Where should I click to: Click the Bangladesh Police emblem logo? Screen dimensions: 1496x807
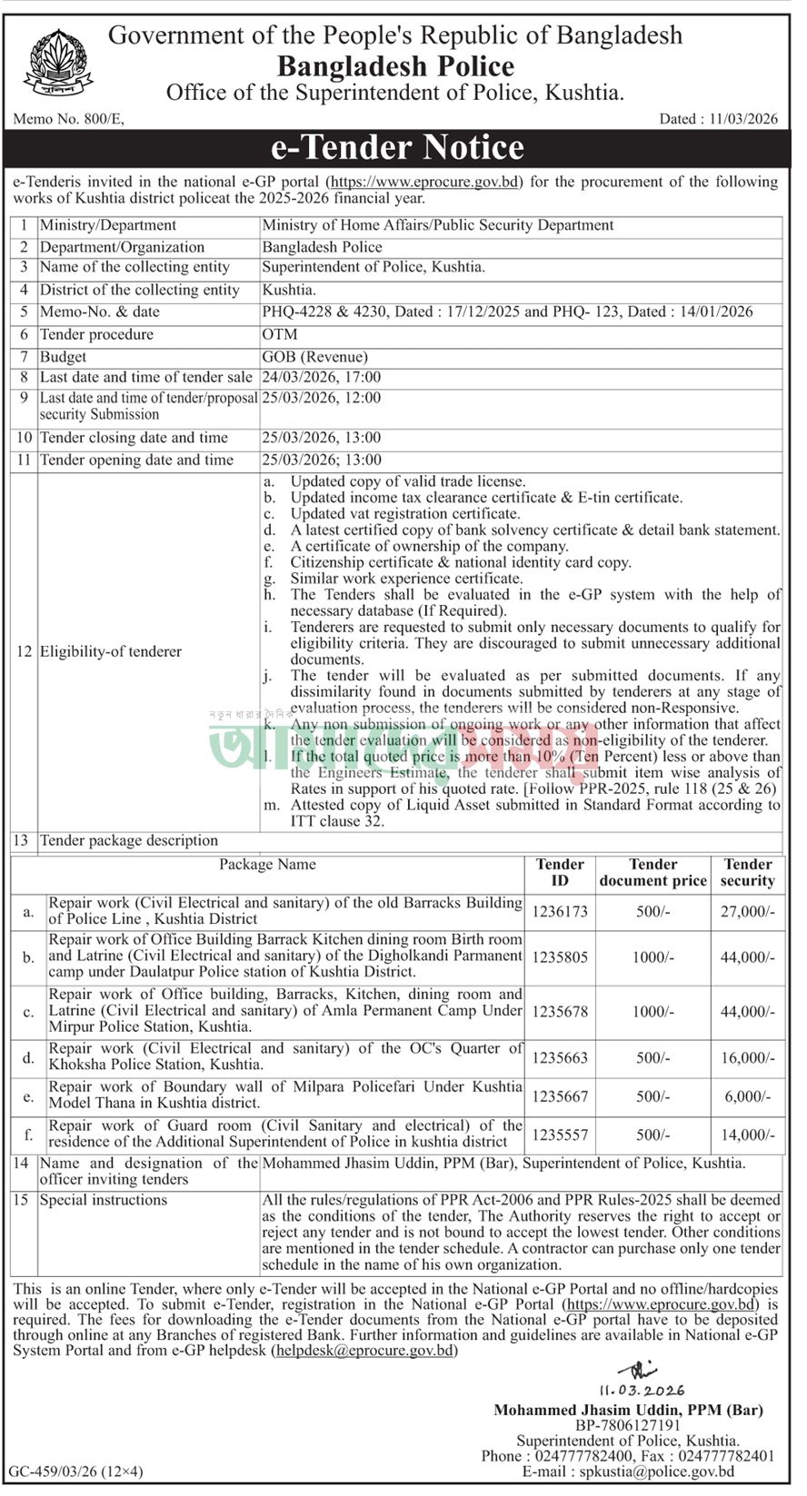pos(52,62)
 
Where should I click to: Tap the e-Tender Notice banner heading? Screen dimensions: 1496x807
pos(398,147)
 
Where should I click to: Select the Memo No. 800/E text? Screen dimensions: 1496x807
pos(69,118)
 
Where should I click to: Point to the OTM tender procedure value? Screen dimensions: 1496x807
pos(279,334)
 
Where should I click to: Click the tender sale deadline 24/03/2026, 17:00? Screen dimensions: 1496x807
pos(322,377)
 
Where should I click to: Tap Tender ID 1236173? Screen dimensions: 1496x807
pos(560,911)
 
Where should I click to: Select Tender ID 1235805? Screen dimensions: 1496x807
pos(560,956)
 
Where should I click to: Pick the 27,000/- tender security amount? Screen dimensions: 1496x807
pos(748,911)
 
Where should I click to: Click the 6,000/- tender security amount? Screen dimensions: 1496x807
pos(748,1096)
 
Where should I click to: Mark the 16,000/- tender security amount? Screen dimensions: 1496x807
pos(748,1057)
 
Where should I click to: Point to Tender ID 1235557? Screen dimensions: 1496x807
pos(560,1134)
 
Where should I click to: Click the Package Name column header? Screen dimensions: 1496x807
pos(267,865)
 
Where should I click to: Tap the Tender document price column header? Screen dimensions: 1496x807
pos(653,872)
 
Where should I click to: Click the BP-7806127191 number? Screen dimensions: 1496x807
pos(628,1426)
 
